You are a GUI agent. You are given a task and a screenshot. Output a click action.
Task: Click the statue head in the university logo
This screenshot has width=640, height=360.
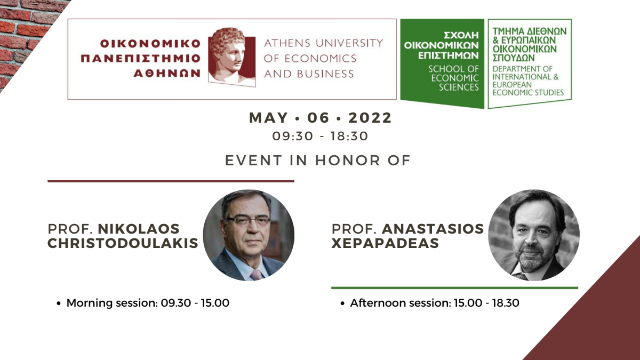231,57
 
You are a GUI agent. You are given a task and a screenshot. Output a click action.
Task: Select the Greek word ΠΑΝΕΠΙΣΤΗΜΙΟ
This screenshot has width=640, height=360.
141,59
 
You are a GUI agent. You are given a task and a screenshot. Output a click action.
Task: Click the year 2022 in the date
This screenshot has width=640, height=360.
370,118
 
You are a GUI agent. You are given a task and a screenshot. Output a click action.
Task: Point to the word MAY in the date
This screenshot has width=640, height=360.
268,118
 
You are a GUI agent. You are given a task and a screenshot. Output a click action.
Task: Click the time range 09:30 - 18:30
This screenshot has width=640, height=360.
320,137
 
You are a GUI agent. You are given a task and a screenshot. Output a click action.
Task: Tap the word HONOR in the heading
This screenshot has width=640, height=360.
348,161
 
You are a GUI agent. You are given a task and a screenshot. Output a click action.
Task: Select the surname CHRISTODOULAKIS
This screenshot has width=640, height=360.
123,243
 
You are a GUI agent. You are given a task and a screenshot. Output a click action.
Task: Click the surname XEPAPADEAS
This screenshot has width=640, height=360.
385,243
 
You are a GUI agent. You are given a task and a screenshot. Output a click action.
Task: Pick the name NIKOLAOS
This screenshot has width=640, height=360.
139,229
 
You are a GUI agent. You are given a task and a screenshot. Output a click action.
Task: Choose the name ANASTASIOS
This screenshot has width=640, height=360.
433,229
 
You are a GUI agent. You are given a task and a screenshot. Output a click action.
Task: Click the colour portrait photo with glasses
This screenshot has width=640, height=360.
249,235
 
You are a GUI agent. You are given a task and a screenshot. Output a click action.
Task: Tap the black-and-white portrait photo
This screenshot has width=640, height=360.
534,235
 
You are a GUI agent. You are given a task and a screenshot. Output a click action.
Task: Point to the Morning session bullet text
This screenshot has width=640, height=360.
148,303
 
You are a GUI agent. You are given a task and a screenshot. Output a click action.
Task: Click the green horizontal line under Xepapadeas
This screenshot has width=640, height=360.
454,288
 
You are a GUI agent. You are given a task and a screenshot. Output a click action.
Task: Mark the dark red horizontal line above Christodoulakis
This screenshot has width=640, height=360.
171,181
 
